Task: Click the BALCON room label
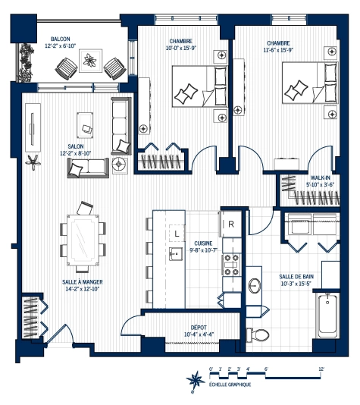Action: [61, 39]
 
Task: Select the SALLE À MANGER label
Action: [83, 281]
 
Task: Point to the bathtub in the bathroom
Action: [328, 314]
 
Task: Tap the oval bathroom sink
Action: [254, 285]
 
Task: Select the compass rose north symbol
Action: [194, 379]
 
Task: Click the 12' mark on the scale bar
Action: [321, 368]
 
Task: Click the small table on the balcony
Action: [92, 61]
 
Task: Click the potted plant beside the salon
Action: [33, 160]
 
